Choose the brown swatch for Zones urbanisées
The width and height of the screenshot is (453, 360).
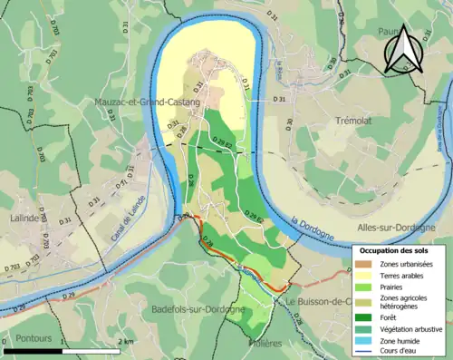(x=367, y=263)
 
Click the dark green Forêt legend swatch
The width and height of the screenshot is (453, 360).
(x=367, y=317)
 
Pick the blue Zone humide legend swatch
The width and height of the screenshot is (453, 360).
(x=367, y=341)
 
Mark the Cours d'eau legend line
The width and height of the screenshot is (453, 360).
(x=367, y=353)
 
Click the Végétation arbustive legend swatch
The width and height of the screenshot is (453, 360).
(x=367, y=329)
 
